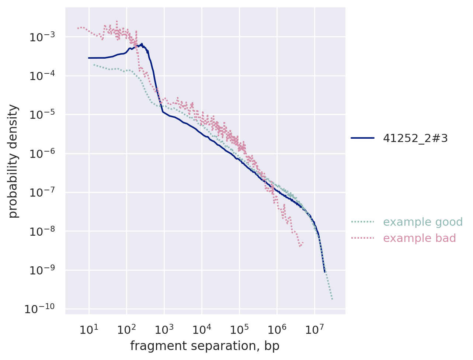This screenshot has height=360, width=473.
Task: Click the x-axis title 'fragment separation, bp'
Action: [205, 346]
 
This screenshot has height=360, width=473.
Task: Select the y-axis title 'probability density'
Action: [13, 161]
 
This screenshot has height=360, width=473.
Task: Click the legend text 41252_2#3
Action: [415, 138]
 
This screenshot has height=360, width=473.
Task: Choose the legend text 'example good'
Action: [422, 222]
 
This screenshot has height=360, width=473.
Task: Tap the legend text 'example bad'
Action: [419, 238]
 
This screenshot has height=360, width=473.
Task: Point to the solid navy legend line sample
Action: [362, 138]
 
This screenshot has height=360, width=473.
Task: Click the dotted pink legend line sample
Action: [362, 238]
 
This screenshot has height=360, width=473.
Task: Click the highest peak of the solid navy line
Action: [142, 44]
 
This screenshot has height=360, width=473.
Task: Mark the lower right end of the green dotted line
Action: [332, 299]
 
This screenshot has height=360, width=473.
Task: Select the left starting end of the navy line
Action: [88, 58]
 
